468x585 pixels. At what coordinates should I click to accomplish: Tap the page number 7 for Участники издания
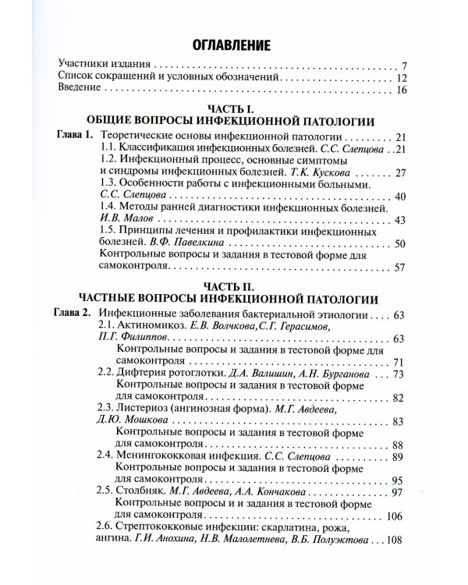click(x=404, y=66)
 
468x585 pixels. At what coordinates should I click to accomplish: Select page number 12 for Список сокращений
click(x=402, y=79)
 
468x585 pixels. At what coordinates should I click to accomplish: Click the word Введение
click(x=81, y=92)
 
